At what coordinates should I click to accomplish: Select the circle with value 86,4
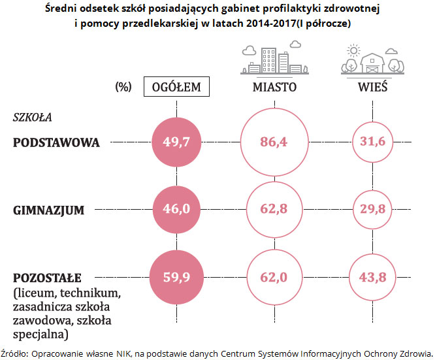click(274, 142)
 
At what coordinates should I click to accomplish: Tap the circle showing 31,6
click(373, 142)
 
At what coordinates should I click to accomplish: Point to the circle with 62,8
click(274, 210)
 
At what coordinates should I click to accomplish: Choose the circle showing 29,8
click(373, 210)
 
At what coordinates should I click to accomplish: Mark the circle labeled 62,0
click(274, 277)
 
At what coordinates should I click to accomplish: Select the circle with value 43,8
click(373, 277)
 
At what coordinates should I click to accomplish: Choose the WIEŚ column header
click(373, 87)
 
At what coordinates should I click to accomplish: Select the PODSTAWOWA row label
click(57, 142)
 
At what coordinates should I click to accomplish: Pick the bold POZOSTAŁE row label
click(52, 277)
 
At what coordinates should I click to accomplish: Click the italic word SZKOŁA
click(32, 118)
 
